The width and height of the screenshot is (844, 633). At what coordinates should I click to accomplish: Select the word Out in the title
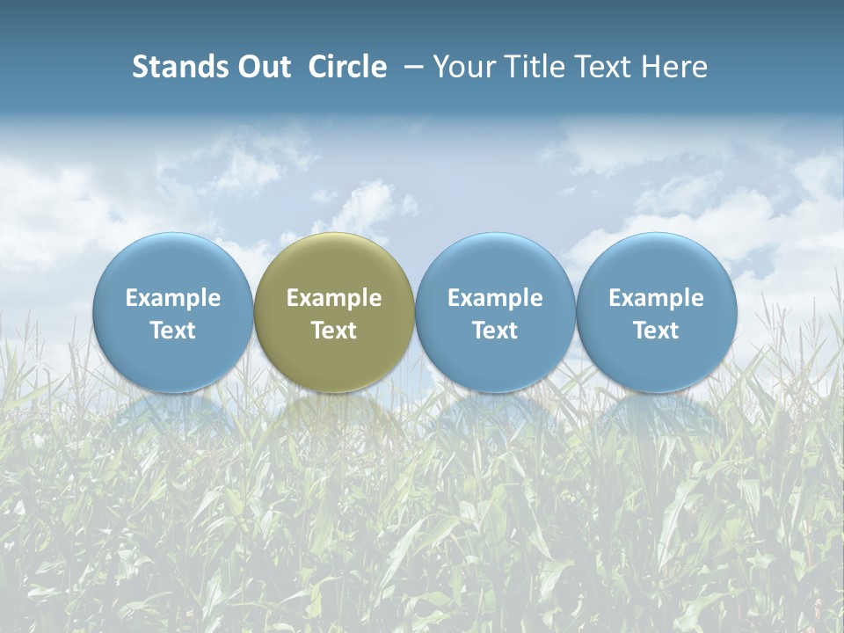pyautogui.click(x=261, y=67)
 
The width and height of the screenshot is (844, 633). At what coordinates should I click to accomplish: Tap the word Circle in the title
pyautogui.click(x=347, y=67)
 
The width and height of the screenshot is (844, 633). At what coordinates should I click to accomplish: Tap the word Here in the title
pyautogui.click(x=673, y=67)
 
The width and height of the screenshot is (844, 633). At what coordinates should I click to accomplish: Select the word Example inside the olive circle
pyautogui.click(x=334, y=298)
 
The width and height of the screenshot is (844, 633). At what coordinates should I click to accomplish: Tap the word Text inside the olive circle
pyautogui.click(x=334, y=331)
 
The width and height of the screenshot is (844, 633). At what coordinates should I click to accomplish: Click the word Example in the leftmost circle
pyautogui.click(x=173, y=298)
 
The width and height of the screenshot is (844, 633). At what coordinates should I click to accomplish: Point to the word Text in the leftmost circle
pyautogui.click(x=173, y=331)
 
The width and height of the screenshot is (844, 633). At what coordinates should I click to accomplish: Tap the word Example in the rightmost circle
pyautogui.click(x=657, y=298)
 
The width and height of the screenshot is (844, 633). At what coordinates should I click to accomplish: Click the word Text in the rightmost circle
pyautogui.click(x=657, y=331)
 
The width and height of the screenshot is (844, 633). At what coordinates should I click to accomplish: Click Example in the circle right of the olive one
pyautogui.click(x=495, y=298)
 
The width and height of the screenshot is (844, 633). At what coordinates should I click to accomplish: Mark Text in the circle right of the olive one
pyautogui.click(x=495, y=331)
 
